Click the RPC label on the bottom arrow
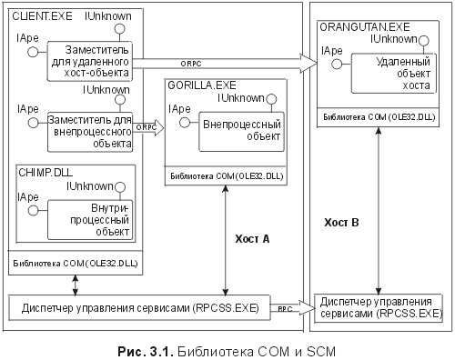click(285, 308)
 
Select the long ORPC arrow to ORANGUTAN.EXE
click(227, 63)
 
